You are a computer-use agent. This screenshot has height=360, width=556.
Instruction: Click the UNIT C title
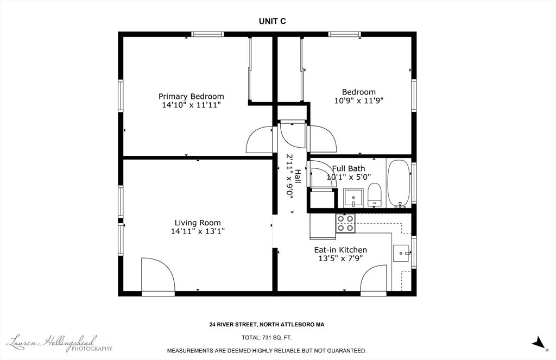tap(272, 21)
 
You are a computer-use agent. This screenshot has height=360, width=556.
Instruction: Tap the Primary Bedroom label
tap(191, 97)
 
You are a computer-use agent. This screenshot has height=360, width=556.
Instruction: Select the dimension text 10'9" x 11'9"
tap(359, 101)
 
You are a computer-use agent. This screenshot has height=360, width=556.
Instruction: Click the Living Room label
tap(198, 223)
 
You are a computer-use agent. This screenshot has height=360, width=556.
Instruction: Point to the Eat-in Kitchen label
tap(340, 250)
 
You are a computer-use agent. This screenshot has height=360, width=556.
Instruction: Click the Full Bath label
tap(349, 168)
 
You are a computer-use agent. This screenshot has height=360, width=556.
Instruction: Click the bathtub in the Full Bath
tap(399, 184)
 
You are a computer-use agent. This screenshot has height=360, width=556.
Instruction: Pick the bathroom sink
tap(353, 198)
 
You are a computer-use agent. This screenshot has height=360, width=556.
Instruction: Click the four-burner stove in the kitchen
tap(345, 223)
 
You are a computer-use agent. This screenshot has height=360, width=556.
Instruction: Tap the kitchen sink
tap(401, 253)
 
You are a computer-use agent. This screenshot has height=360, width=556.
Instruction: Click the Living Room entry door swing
tap(158, 276)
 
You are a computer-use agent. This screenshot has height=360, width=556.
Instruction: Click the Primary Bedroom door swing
tap(259, 139)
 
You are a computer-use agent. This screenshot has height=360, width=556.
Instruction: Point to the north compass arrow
tap(539, 343)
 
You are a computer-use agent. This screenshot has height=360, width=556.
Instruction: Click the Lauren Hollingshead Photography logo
tap(60, 343)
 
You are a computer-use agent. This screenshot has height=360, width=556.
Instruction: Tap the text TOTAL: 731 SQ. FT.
tap(267, 338)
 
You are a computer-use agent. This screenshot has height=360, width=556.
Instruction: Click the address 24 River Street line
tap(267, 325)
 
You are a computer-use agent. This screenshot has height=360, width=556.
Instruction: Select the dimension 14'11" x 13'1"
tap(198, 231)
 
